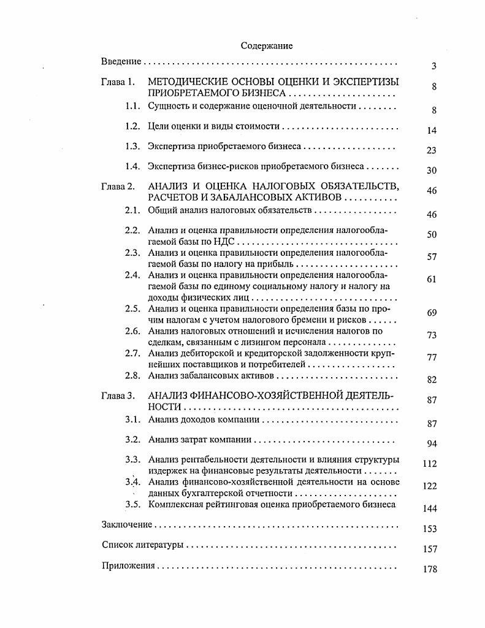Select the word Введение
pos(121,62)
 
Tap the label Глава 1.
pos(117,82)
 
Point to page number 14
pos(431,131)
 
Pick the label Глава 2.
pos(117,186)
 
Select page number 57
pos(432,257)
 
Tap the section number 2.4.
pos(132,275)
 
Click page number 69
pos(432,313)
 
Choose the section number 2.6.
pos(132,331)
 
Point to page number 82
pos(432,380)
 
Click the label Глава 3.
pos(117,396)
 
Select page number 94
pos(432,444)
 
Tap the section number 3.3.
pos(132,459)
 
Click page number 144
pos(430,508)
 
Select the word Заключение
pos(126,524)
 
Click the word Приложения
pos(128,565)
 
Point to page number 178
pos(430,569)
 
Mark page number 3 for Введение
pos(433,66)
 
